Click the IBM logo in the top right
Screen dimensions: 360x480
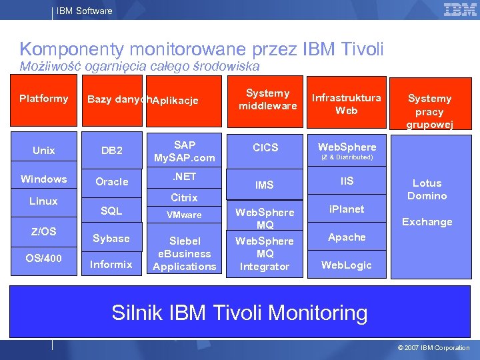tap(460, 10)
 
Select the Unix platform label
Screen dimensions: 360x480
tap(44, 151)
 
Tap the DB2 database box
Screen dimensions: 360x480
tap(111, 151)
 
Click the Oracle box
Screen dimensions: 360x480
tap(111, 182)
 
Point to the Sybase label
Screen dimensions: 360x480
tap(111, 239)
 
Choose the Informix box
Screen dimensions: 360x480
tap(111, 264)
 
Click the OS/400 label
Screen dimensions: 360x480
tap(44, 258)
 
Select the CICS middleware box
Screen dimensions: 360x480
tap(265, 147)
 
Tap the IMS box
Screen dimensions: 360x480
tap(265, 185)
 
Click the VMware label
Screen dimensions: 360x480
tap(184, 215)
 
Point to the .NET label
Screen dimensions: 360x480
tap(184, 177)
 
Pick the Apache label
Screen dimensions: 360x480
tap(347, 237)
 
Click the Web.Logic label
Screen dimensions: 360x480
tap(347, 265)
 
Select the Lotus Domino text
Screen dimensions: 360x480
tap(427, 189)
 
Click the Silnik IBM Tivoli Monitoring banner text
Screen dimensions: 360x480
tap(239, 313)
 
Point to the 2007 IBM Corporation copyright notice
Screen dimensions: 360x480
tap(433, 348)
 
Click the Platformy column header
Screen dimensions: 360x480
tap(44, 99)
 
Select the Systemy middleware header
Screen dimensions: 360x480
tap(267, 99)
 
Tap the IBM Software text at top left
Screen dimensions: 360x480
tap(84, 11)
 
